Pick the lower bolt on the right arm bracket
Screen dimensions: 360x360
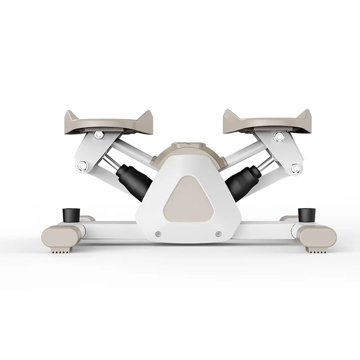[x=295, y=168]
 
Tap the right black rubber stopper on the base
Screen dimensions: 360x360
[x=306, y=213]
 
